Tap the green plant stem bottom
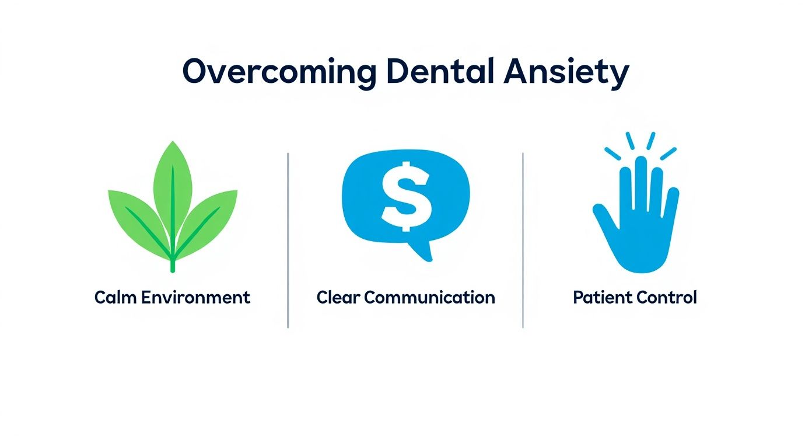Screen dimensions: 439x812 (x=173, y=266)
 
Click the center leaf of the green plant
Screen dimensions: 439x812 (x=173, y=181)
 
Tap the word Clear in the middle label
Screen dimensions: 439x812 (x=338, y=298)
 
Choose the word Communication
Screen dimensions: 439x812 (x=429, y=298)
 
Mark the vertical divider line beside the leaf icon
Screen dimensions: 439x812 (x=288, y=239)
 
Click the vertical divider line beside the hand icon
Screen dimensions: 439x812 (x=523, y=239)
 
